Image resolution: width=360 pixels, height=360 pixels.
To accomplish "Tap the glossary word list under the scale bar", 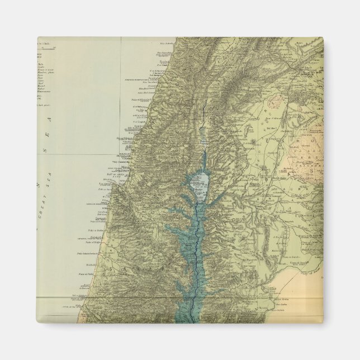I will click(x=41, y=73).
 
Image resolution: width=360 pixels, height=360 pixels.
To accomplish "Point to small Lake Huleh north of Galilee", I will click(x=203, y=135).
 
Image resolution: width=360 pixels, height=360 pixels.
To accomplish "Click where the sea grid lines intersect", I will click(x=121, y=154).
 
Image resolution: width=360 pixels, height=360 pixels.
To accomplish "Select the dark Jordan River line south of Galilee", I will click(x=193, y=252).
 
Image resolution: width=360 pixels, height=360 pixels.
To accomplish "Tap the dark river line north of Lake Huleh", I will click(x=204, y=112).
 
